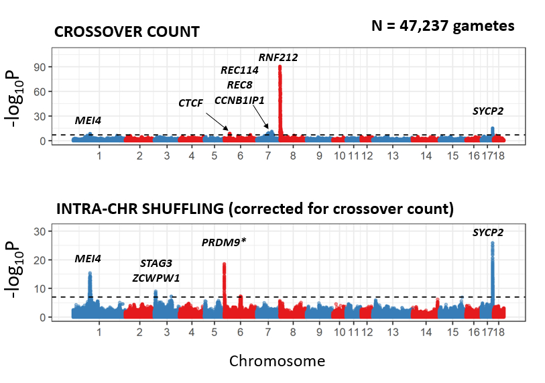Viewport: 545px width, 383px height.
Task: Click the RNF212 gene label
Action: (278, 58)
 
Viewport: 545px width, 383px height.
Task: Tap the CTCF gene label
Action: (190, 103)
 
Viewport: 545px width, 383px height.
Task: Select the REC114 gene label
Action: (239, 70)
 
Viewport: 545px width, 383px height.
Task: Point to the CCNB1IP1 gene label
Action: (239, 100)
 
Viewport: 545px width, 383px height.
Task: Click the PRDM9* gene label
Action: (224, 242)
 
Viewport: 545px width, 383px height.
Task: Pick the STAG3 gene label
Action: (156, 264)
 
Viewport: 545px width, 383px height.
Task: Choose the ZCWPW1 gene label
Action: (156, 278)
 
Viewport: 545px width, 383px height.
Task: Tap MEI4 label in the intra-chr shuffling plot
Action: (88, 259)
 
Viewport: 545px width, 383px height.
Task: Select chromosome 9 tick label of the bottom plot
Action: (320, 332)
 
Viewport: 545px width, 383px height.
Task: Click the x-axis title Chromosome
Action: (277, 361)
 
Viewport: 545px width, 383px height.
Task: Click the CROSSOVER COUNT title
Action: (127, 32)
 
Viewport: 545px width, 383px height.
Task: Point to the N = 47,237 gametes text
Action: (443, 26)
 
